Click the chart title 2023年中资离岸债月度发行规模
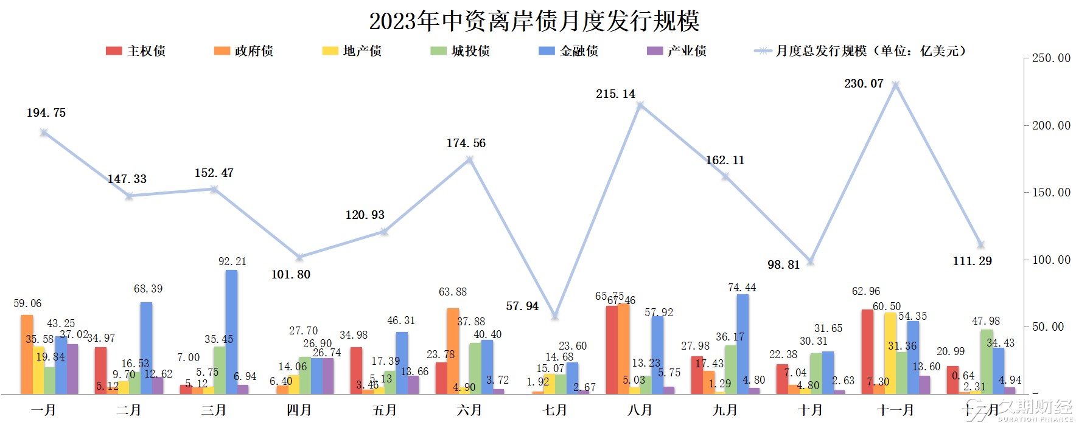[x=534, y=21]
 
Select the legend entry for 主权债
[x=136, y=51]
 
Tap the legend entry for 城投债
[x=460, y=51]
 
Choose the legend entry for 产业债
[x=676, y=51]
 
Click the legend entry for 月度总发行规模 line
[x=859, y=51]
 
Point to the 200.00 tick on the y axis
[x=1050, y=126]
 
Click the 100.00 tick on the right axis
[x=1050, y=260]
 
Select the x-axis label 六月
[x=469, y=410]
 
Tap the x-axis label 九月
[x=725, y=410]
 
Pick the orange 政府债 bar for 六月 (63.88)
[x=453, y=351]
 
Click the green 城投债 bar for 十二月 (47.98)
[x=987, y=362]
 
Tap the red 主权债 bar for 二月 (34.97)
[x=100, y=371]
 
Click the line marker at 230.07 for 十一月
[x=895, y=85]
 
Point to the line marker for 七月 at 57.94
[x=554, y=316]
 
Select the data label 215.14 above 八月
[x=615, y=94]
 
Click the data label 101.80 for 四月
[x=290, y=275]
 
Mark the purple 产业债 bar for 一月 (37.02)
[x=72, y=369]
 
